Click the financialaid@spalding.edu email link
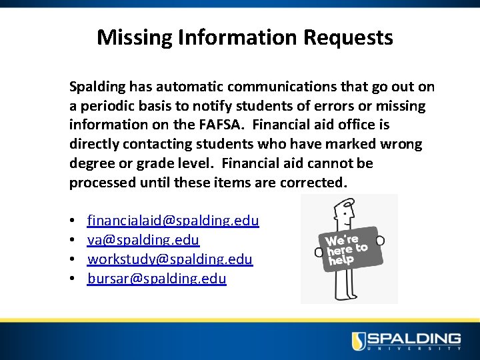pyautogui.click(x=173, y=221)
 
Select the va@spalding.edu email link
pyautogui.click(x=143, y=240)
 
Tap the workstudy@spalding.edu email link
pyautogui.click(x=170, y=259)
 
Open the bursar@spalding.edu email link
pyautogui.click(x=157, y=279)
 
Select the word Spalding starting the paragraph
pyautogui.click(x=97, y=87)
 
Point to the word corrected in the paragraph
pyautogui.click(x=312, y=183)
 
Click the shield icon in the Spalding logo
pyautogui.click(x=359, y=340)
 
